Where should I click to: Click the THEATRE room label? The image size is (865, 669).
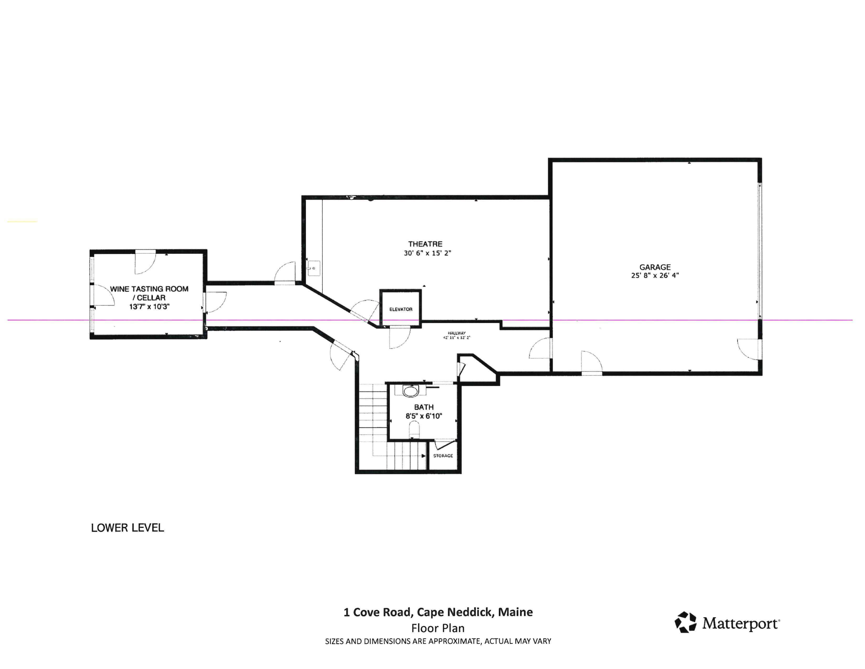(x=425, y=244)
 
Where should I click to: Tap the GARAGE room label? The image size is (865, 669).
(x=655, y=267)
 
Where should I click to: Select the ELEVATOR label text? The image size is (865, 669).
(x=400, y=309)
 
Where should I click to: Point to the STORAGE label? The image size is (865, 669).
(x=443, y=456)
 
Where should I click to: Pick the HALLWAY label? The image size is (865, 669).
(x=457, y=333)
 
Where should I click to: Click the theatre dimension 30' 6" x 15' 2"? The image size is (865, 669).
(x=427, y=253)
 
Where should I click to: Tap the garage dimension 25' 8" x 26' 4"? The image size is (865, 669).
(x=655, y=275)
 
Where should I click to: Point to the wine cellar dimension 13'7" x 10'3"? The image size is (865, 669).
(x=149, y=307)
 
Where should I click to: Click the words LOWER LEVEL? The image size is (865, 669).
(x=127, y=528)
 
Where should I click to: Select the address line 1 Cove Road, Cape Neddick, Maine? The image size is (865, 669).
(x=438, y=612)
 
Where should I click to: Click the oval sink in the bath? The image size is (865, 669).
(x=410, y=391)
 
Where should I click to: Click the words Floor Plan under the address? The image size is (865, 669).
(x=438, y=628)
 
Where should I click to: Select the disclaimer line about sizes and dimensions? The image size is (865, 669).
(x=438, y=641)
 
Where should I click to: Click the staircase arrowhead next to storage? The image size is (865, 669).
(x=423, y=456)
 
